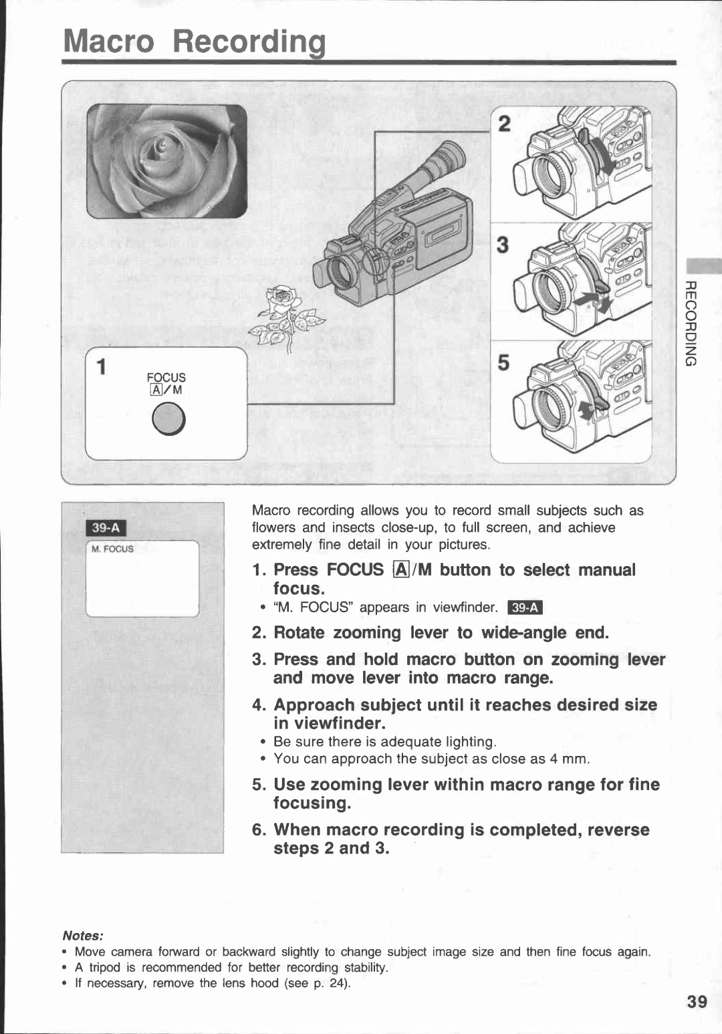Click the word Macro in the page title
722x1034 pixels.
point(109,41)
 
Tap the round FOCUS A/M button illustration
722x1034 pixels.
point(168,419)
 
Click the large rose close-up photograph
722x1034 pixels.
point(166,161)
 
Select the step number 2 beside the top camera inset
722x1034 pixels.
point(505,124)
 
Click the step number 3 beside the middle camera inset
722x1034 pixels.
point(503,245)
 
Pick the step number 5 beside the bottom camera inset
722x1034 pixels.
point(503,363)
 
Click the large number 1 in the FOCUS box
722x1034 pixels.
point(101,367)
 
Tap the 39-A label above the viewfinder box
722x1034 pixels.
point(106,527)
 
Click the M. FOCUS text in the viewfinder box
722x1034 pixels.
point(112,549)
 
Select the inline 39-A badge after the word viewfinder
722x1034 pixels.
point(525,608)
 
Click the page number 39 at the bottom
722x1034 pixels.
point(697,1001)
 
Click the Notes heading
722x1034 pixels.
point(82,936)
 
